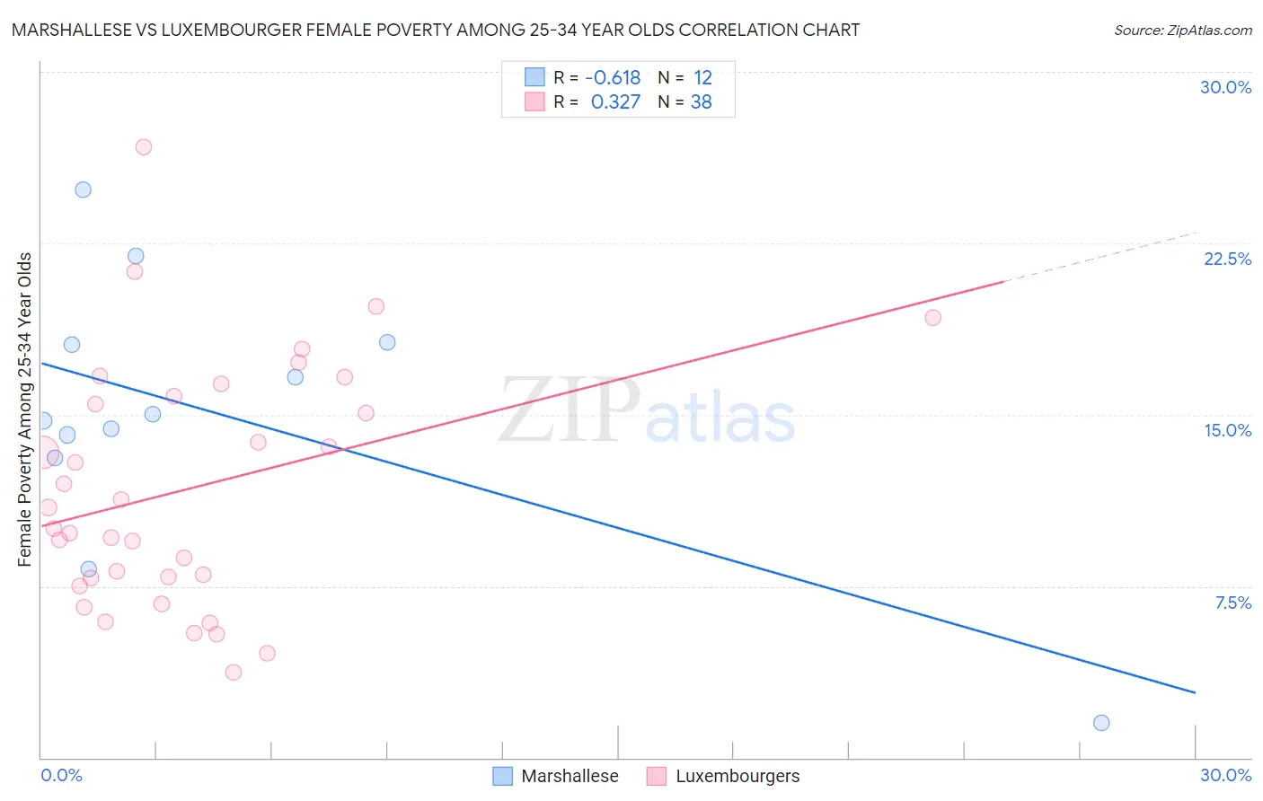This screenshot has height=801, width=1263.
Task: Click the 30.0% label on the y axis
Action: pos(1225,87)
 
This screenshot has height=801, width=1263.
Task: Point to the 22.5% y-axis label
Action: pos(1227,259)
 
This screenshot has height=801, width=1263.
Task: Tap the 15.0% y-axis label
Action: pos(1227,430)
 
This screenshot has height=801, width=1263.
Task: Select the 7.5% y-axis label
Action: pos(1232,603)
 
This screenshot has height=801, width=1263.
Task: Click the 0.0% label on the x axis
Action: pos(61,775)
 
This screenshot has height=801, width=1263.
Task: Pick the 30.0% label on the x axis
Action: pos(1225,775)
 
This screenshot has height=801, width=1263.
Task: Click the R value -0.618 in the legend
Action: pos(613,78)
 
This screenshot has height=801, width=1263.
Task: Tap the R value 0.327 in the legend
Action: pos(615,102)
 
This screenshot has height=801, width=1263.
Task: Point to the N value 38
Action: pos(701,102)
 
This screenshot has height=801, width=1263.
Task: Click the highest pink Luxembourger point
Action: pos(144,147)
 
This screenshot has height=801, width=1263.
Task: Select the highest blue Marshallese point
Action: pos(83,189)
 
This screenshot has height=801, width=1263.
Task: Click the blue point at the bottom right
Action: pos(1101,723)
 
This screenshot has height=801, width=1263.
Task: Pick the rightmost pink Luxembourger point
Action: pos(932,318)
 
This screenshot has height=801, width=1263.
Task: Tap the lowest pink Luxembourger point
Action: pos(234,673)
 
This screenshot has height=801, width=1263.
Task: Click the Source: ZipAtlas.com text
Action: pos(1182,31)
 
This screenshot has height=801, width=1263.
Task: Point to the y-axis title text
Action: pos(25,409)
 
